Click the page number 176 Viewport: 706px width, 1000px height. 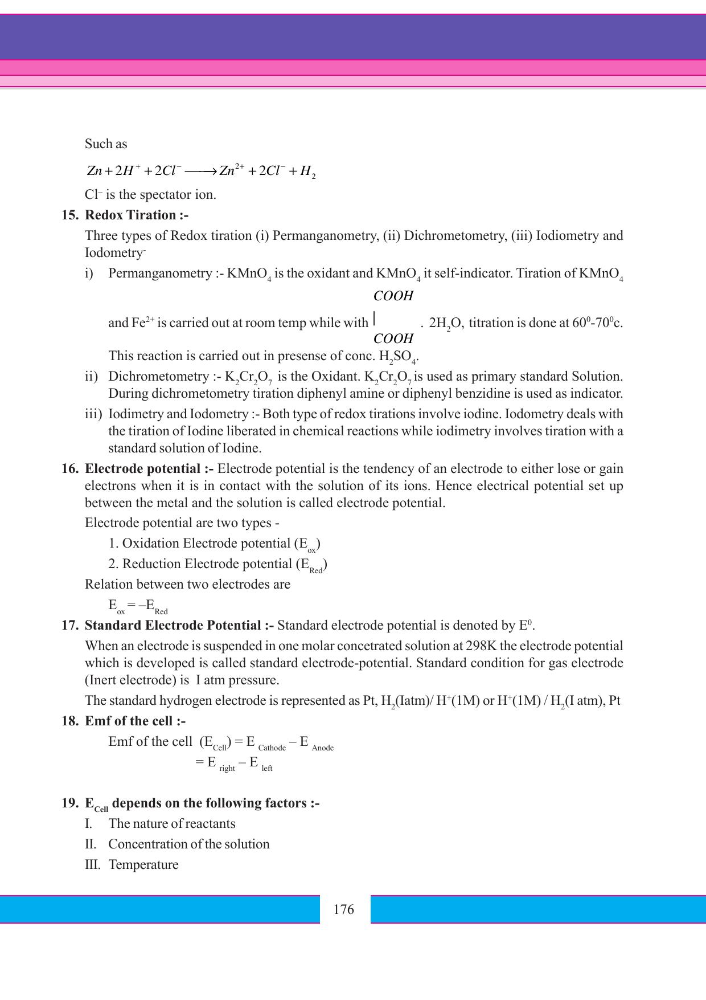344,909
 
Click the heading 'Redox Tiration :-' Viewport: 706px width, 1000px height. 137,215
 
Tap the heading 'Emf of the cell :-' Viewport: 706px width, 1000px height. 135,721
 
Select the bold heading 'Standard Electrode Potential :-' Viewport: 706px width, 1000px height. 179,625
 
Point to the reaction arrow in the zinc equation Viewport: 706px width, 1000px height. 200,171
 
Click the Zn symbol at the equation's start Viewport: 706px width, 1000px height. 95,171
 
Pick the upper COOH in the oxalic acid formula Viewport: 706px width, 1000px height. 393,296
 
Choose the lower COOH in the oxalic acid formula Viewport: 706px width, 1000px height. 393,338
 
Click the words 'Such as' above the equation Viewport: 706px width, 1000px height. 106,144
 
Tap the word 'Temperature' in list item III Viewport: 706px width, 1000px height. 143,864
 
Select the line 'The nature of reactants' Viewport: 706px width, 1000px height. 172,823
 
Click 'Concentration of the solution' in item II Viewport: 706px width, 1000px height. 189,844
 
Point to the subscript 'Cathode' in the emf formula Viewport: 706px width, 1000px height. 272,748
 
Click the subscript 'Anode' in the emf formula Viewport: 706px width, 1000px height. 322,748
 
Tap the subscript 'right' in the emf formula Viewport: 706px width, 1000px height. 227,768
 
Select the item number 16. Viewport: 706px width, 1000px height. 69,468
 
